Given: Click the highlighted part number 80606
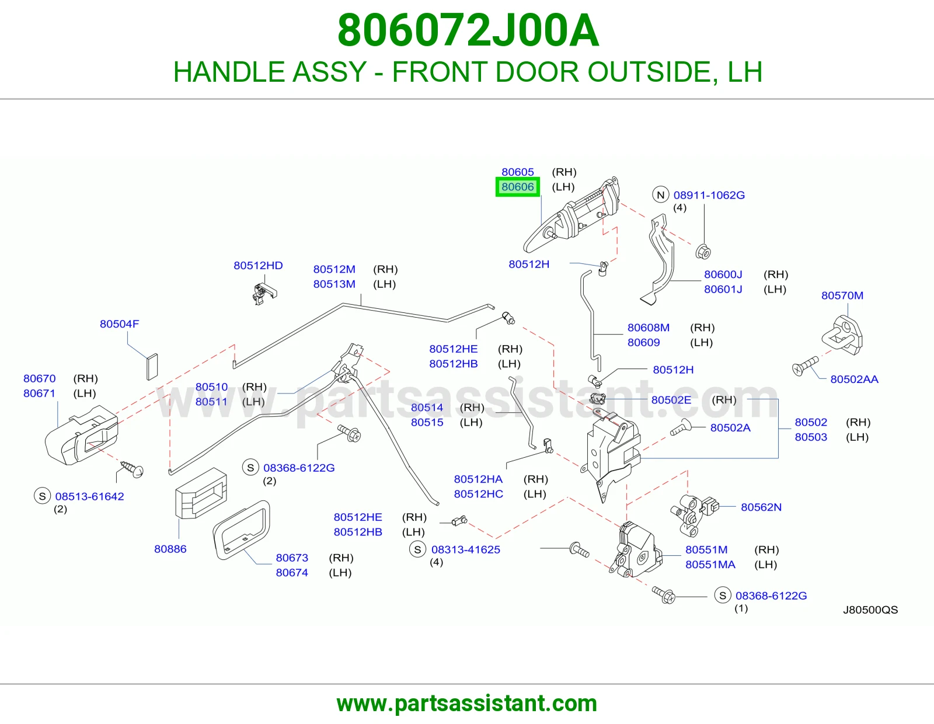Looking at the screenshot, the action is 518,187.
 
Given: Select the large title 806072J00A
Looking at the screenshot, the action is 468,30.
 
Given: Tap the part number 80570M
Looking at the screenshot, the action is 842,295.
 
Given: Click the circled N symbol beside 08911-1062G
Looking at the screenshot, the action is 661,195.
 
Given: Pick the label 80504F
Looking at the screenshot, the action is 120,323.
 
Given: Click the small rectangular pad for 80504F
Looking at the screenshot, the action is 152,367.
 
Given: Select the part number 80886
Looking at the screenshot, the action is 170,549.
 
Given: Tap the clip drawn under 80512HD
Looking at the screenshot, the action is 264,294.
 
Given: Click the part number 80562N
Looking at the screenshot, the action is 761,507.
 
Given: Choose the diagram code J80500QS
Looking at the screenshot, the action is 870,610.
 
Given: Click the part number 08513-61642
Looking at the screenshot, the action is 89,496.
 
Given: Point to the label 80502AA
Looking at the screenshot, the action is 854,379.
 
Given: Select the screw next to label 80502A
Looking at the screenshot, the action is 681,427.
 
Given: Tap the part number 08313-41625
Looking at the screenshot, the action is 465,549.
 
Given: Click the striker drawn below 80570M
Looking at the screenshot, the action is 842,335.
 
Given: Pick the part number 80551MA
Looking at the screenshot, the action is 710,565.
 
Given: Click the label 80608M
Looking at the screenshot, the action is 648,328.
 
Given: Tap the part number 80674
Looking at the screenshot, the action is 292,573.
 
